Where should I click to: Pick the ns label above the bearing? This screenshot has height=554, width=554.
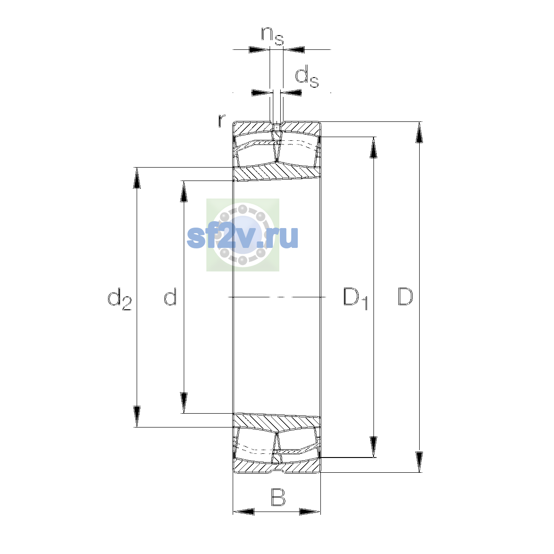pos(272,36)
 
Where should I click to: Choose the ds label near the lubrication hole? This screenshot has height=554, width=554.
pos(307,77)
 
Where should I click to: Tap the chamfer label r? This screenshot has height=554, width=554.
pos(221,120)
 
